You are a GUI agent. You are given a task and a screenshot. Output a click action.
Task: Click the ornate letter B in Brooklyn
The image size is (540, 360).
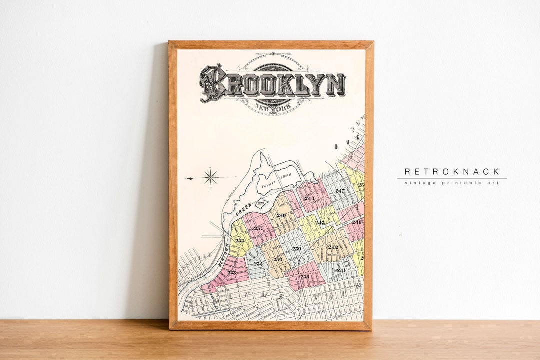(x=212, y=83)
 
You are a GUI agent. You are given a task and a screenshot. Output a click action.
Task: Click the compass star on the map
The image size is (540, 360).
(x=210, y=177)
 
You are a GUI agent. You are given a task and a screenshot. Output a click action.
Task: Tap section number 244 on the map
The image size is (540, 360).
(x=309, y=198)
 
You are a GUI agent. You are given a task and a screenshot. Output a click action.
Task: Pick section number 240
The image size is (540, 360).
(x=281, y=215)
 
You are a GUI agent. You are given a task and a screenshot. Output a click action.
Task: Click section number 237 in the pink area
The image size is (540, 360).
(x=258, y=228)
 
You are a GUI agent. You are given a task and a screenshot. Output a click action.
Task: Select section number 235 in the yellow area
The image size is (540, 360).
(x=240, y=240)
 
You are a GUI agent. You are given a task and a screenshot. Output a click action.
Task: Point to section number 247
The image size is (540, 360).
(x=340, y=191)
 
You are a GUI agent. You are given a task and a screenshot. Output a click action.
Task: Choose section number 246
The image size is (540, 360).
(x=356, y=222)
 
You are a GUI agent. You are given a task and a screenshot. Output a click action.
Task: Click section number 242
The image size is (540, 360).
(x=333, y=247)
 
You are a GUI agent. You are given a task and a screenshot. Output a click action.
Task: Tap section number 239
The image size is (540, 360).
(x=296, y=248)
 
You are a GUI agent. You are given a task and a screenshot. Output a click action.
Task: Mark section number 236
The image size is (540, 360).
(x=277, y=259)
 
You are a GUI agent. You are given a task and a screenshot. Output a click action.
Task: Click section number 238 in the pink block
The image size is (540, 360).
(x=304, y=276)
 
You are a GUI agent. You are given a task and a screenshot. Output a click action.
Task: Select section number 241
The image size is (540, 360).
(x=341, y=270)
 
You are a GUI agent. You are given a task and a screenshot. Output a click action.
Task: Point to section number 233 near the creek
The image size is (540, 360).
(x=232, y=272)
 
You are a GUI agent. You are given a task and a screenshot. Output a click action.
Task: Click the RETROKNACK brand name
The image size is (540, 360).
(x=452, y=172)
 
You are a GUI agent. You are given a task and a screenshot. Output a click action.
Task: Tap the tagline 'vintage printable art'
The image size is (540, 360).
(x=452, y=183)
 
